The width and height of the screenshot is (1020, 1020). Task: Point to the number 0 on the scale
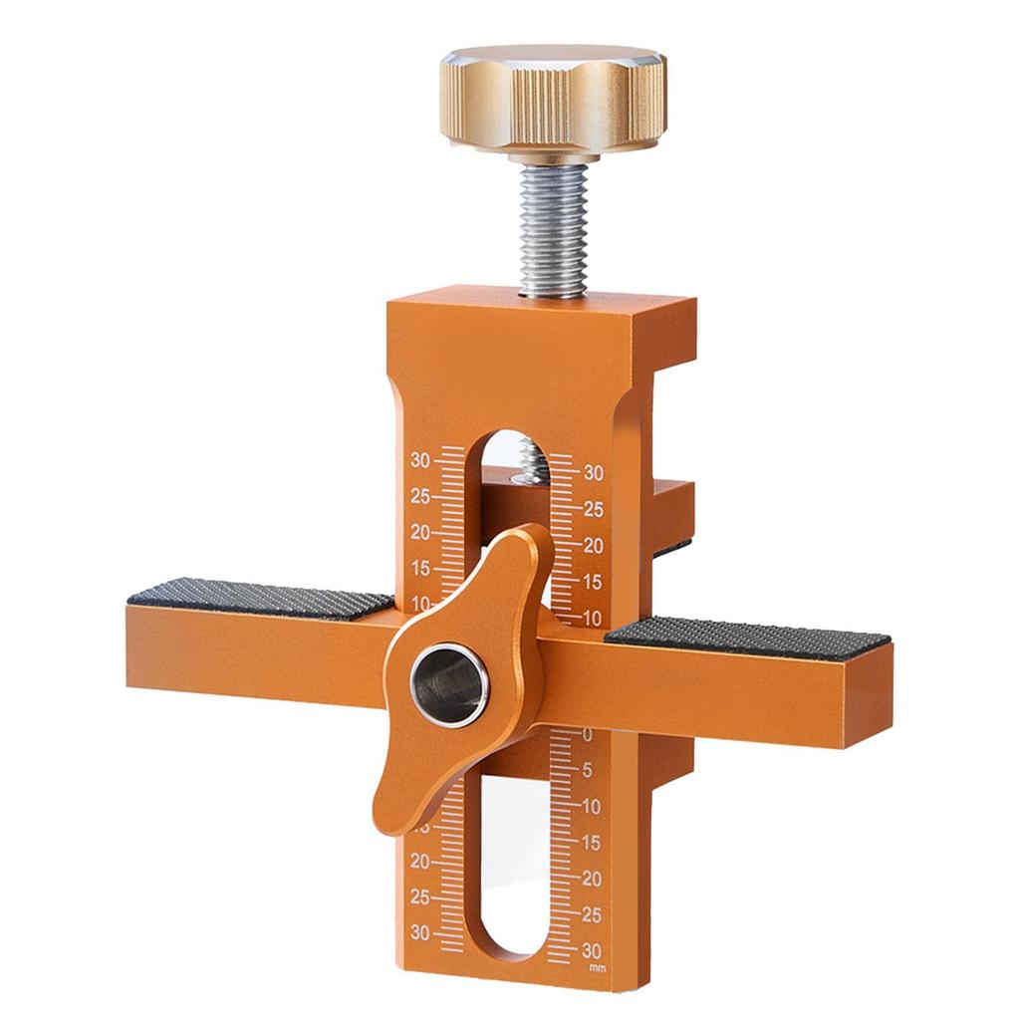587,735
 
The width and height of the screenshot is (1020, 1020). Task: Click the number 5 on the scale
588,770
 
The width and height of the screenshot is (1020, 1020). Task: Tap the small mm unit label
597,967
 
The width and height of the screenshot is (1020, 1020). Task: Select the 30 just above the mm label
592,948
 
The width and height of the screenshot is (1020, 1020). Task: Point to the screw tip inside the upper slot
529,464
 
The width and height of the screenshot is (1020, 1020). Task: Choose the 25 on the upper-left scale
419,496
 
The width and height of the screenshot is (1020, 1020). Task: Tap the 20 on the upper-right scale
594,546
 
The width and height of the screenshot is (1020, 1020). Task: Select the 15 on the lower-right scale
592,842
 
